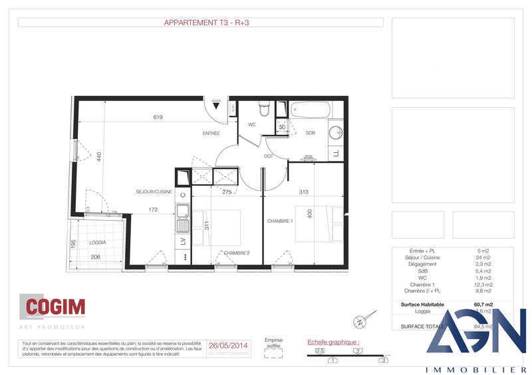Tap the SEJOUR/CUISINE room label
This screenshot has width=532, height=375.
[x=154, y=192]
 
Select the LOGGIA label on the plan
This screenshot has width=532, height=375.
[x=98, y=243]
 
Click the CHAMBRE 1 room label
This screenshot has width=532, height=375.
[x=281, y=221]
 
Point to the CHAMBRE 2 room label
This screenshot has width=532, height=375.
[x=237, y=253]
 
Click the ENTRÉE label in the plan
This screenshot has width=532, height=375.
[x=211, y=134]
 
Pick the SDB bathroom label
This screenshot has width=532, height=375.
[x=310, y=133]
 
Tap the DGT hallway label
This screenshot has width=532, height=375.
[x=269, y=157]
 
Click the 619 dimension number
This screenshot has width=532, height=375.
[x=158, y=117]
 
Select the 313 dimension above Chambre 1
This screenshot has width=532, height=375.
[x=303, y=192]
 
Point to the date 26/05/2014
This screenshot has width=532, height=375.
[x=228, y=346]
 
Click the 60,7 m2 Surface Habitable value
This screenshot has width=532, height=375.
[x=483, y=305]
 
